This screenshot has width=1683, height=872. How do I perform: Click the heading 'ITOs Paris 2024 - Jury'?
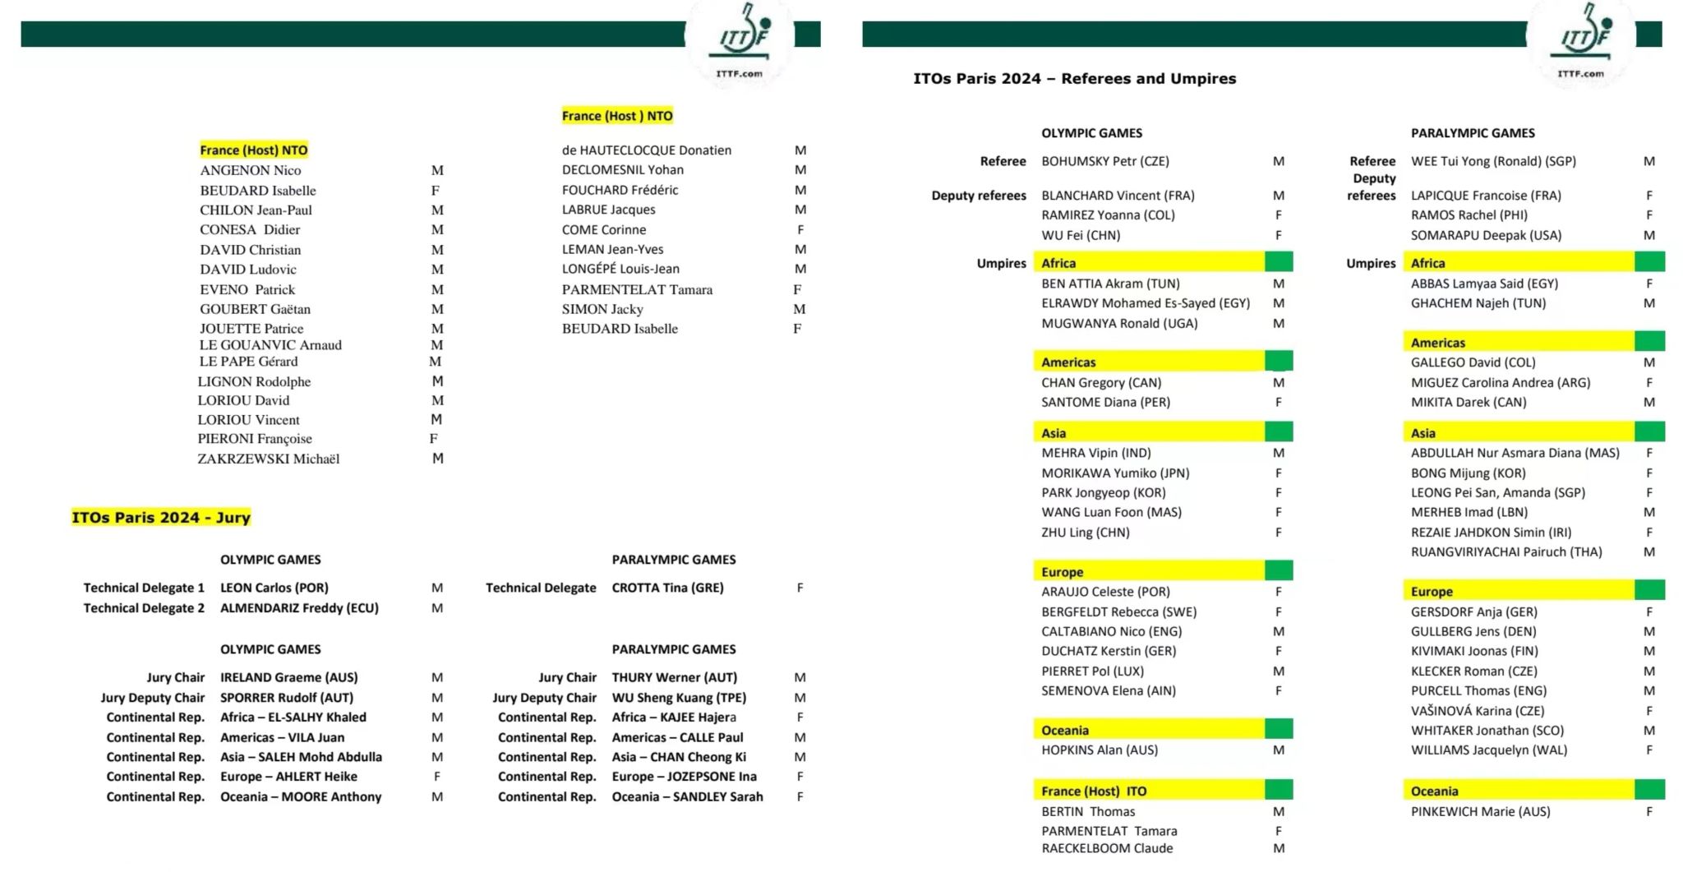[x=161, y=518]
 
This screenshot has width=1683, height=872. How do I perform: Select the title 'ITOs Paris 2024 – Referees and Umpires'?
[x=1074, y=79]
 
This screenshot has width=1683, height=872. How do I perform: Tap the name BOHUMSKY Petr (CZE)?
[x=1104, y=161]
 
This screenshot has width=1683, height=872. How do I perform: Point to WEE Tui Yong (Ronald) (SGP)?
[x=1493, y=161]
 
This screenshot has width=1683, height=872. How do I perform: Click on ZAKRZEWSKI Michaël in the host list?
[x=268, y=459]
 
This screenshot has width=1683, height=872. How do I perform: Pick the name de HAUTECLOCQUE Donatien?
[x=646, y=150]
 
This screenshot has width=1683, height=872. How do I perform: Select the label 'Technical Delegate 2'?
[x=144, y=608]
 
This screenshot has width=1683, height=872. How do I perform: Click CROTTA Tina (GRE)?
[x=667, y=588]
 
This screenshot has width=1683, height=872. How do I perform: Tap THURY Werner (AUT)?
[x=674, y=677]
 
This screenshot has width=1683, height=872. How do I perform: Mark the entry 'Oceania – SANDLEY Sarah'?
[x=687, y=796]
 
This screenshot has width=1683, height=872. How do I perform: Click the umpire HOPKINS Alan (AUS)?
[x=1099, y=750]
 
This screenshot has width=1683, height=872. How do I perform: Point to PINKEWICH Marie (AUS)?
[x=1480, y=811]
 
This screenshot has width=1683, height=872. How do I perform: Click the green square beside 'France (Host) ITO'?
[x=1279, y=791]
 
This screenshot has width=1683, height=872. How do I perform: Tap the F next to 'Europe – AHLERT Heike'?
[x=436, y=777]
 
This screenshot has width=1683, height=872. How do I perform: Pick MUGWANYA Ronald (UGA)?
[x=1119, y=323]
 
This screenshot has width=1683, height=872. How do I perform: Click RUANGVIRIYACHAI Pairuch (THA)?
[x=1505, y=552]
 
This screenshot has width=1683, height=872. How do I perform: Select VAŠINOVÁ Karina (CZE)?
[x=1477, y=711]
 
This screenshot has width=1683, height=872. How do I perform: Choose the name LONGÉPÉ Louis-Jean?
[x=620, y=269]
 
